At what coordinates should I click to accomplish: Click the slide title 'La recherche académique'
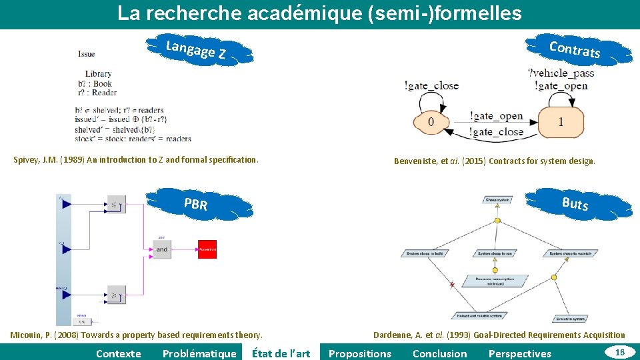pyautogui.click(x=319, y=13)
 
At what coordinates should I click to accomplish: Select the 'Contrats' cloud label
pyautogui.click(x=575, y=49)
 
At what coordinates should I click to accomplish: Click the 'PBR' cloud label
pyautogui.click(x=195, y=205)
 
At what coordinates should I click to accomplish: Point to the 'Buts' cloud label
pyautogui.click(x=575, y=203)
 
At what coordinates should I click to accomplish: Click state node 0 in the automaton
pyautogui.click(x=431, y=122)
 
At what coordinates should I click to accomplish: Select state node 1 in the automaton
pyautogui.click(x=561, y=122)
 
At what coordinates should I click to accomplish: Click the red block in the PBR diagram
pyautogui.click(x=207, y=249)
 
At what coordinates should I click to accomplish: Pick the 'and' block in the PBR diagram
pyautogui.click(x=162, y=249)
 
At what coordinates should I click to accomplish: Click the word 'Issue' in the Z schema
pyautogui.click(x=86, y=54)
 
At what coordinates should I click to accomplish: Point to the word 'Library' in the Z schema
pyautogui.click(x=98, y=74)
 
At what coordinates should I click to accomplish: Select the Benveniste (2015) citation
pyautogui.click(x=494, y=161)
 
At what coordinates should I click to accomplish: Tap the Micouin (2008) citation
pyautogui.click(x=137, y=335)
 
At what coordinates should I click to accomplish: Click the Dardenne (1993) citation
pyautogui.click(x=499, y=335)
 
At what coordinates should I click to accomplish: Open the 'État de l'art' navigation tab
pyautogui.click(x=281, y=353)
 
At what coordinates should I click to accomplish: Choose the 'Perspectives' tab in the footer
pyautogui.click(x=520, y=353)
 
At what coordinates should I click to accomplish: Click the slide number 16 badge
pyautogui.click(x=620, y=351)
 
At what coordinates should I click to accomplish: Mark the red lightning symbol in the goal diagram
pyautogui.click(x=452, y=285)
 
